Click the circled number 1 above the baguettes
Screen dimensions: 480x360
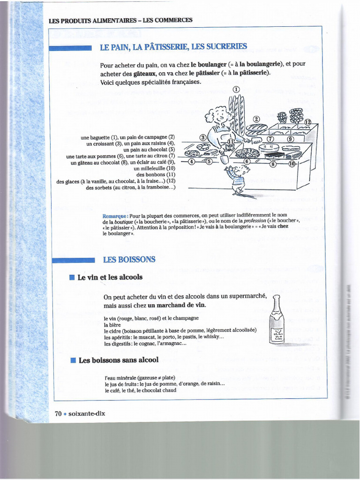coord(236,89)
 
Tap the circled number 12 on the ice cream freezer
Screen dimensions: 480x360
coord(307,122)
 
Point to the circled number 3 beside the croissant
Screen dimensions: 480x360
coord(203,137)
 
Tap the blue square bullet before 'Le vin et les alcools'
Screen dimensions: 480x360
coord(72,277)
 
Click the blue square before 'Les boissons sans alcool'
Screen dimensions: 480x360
coord(73,360)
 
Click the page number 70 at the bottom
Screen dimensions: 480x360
coord(59,413)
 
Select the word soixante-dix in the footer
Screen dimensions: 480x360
coord(87,413)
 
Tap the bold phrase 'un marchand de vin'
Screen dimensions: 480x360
coord(177,305)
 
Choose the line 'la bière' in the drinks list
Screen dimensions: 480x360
coord(112,324)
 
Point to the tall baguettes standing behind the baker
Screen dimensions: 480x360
coord(237,112)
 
